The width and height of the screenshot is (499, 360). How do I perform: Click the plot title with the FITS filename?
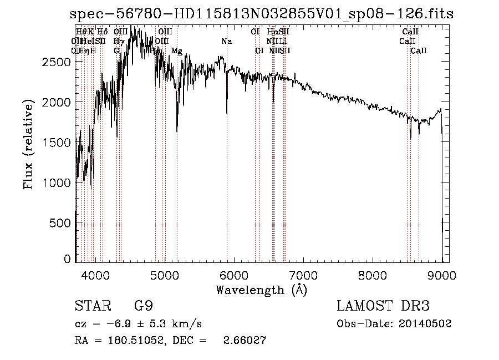click(262, 14)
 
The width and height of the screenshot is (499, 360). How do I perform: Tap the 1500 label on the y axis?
click(56, 143)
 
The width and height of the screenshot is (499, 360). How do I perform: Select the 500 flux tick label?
click(60, 222)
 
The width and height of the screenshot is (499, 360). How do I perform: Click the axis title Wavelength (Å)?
click(261, 290)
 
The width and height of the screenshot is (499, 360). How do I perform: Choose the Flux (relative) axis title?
click(28, 144)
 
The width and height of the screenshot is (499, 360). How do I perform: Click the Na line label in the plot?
click(227, 42)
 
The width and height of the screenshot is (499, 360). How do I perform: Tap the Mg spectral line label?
click(176, 51)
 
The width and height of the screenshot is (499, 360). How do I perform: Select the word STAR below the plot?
click(91, 306)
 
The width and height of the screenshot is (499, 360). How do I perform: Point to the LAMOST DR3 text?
click(383, 306)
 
